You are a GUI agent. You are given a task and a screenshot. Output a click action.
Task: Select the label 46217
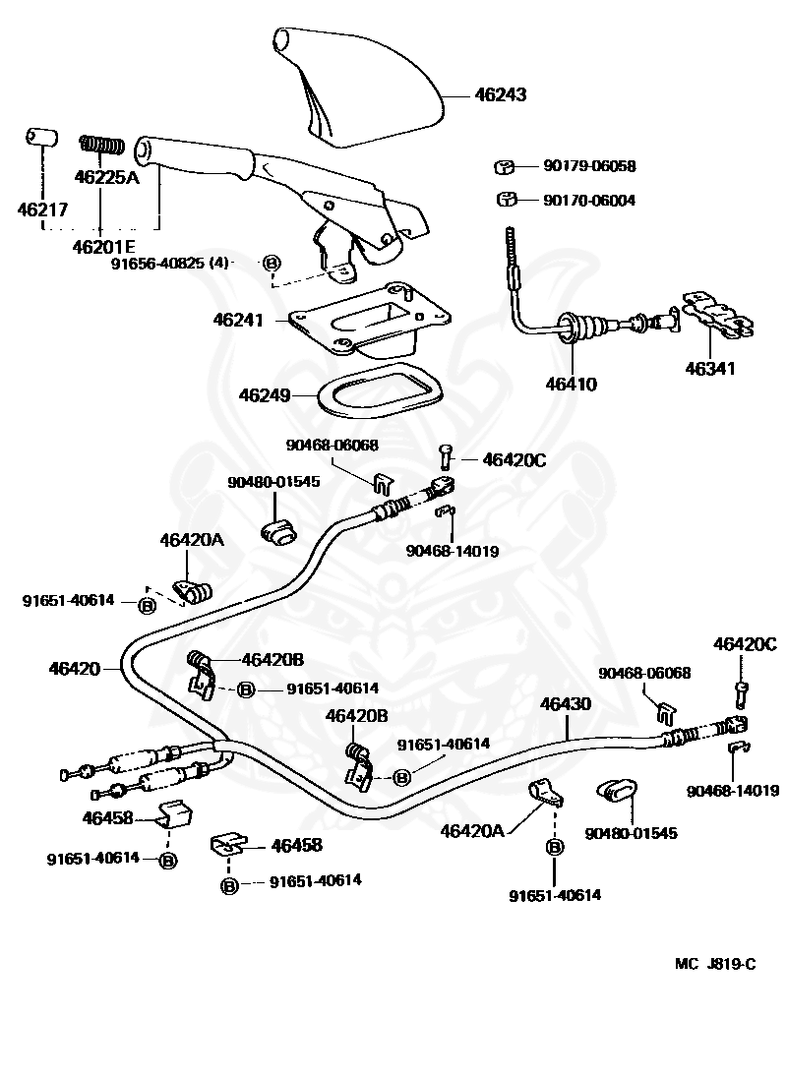(x=39, y=209)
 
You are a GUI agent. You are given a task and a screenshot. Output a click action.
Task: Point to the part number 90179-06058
(x=589, y=166)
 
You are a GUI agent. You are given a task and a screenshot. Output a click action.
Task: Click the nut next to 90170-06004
(x=508, y=200)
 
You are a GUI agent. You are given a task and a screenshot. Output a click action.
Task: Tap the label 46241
(x=238, y=320)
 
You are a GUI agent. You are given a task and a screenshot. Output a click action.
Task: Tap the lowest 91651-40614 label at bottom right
(x=555, y=895)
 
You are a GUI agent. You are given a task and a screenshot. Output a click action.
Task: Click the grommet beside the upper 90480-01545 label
(x=280, y=527)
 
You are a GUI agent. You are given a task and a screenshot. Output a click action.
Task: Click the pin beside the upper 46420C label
(x=447, y=455)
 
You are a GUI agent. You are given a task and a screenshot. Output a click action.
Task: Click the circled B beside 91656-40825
(x=272, y=263)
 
